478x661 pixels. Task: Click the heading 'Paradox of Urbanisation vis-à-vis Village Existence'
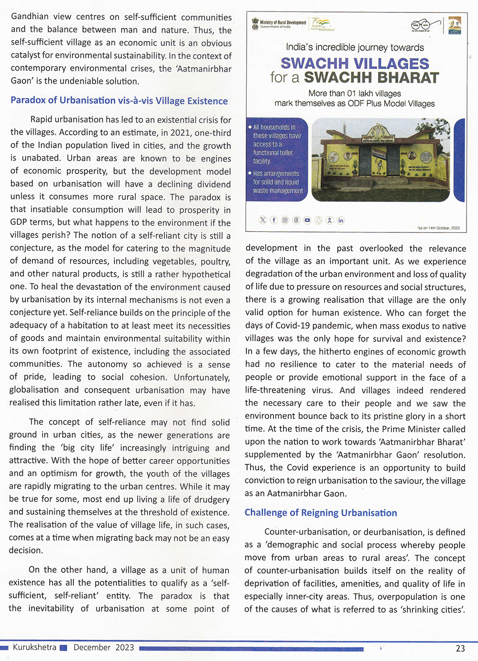coord(119,101)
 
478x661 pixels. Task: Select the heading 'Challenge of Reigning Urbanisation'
coord(320,513)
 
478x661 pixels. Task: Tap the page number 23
coord(460,648)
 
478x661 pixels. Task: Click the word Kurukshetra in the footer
coord(34,647)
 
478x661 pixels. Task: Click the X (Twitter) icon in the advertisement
coord(262,220)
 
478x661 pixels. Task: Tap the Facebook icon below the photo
coord(274,220)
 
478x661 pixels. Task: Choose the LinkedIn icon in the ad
coord(341,220)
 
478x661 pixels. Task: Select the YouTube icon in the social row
coord(307,220)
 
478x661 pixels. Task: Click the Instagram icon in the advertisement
coord(285,220)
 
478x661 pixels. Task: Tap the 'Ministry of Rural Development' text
coord(283,22)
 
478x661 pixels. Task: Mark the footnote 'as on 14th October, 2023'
coord(438,228)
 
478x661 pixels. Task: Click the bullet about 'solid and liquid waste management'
coord(278,182)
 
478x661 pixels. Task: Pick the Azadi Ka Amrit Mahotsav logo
coord(322,24)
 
